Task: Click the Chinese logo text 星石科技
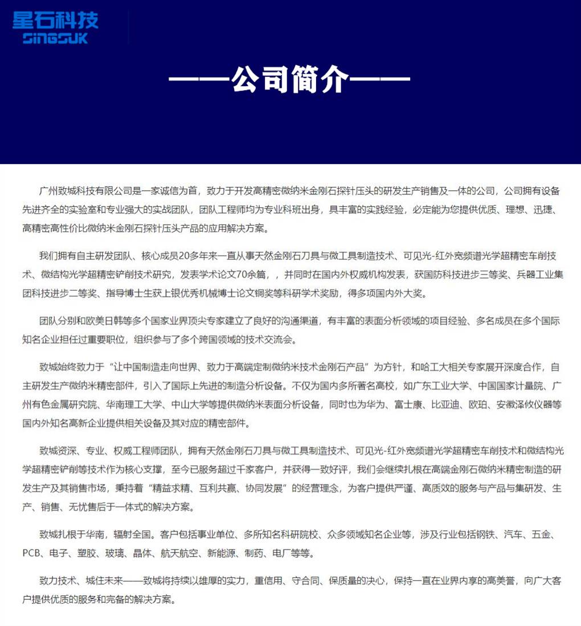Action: pos(56,21)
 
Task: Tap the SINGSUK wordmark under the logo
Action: pos(56,39)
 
